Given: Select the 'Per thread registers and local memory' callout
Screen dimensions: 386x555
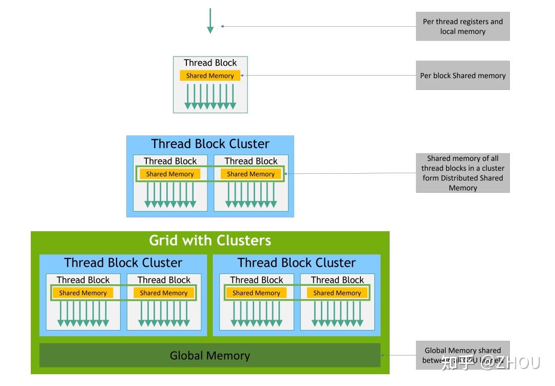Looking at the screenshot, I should [x=463, y=26].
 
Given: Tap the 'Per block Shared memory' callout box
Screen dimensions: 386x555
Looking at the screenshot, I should [x=463, y=76].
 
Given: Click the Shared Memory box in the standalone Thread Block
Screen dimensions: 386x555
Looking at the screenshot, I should [x=210, y=76].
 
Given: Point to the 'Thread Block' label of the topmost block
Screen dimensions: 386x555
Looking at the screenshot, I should [x=210, y=63].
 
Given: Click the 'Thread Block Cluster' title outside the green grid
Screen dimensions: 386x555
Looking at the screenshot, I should [x=210, y=144].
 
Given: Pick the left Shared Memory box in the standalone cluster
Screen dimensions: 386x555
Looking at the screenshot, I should [x=170, y=174].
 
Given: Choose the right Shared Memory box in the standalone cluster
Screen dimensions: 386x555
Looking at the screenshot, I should [x=251, y=174].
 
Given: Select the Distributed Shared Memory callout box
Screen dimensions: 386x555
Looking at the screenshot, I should [x=463, y=173].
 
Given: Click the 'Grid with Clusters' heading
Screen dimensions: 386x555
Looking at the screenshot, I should [x=210, y=241].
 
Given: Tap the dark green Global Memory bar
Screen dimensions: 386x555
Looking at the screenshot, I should [x=210, y=356].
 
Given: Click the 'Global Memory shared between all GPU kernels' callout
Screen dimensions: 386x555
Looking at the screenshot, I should [x=463, y=355].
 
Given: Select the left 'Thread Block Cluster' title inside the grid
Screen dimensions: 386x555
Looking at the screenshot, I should [x=123, y=263].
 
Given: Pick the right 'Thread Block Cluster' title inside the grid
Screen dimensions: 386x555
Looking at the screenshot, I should [x=296, y=263].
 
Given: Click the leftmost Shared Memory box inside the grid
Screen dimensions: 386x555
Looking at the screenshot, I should [x=83, y=293].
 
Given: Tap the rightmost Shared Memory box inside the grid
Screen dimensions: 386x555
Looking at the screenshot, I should [x=337, y=293].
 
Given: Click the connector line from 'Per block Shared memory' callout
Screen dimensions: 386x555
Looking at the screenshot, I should [x=329, y=76].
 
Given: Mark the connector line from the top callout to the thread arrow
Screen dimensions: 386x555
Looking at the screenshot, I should [x=318, y=26].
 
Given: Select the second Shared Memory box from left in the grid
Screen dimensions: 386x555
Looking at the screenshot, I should [x=164, y=293].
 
